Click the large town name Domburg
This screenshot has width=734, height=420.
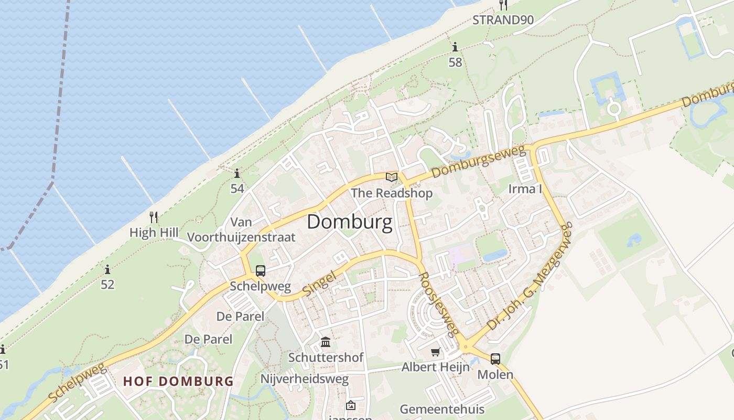[x=349, y=222]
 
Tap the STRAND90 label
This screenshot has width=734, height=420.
[x=503, y=20]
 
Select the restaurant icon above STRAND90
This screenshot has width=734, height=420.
[x=503, y=5]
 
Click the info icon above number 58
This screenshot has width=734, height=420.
[x=455, y=47]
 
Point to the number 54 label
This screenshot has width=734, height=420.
[x=238, y=188]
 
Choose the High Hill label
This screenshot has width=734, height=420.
[x=154, y=233]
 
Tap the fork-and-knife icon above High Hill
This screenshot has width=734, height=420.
[x=154, y=217]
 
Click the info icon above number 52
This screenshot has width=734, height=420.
[x=107, y=270]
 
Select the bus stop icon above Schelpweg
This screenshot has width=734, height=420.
[x=261, y=271]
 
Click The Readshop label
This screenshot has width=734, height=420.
[x=392, y=193]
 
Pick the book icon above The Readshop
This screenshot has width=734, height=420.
[x=392, y=177]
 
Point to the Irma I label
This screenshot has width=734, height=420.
[x=525, y=189]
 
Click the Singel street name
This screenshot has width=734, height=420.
[x=319, y=282]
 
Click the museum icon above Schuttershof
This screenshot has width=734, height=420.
[x=326, y=342]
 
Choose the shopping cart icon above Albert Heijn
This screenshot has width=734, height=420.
[x=435, y=352]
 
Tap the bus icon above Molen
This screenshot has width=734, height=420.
[x=495, y=359]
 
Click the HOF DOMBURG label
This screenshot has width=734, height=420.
[x=178, y=381]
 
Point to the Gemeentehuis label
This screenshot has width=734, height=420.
[x=442, y=409]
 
